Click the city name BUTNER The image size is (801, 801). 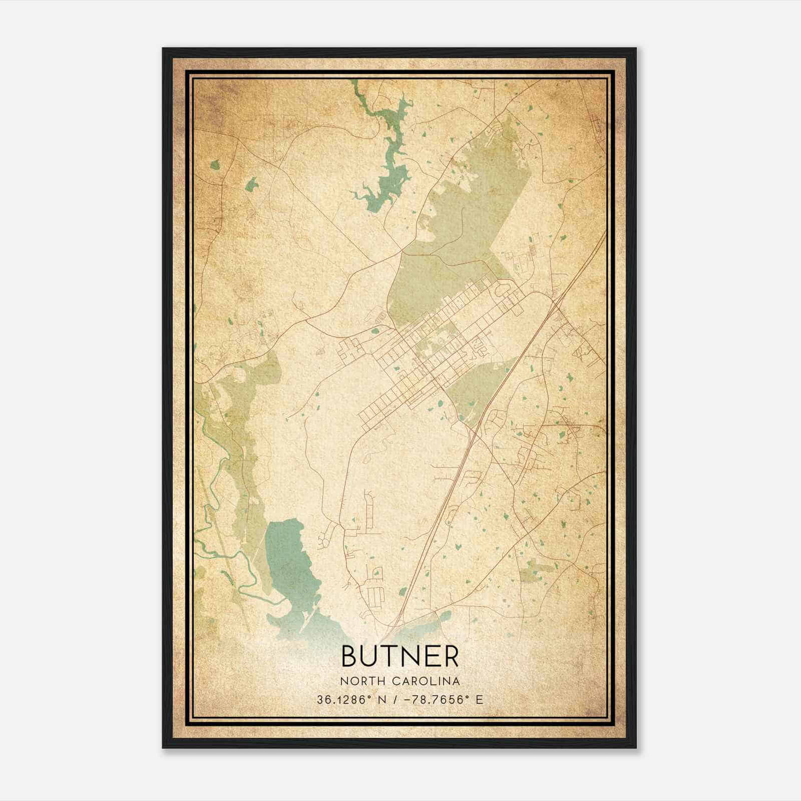[399, 656]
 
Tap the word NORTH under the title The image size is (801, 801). [357, 681]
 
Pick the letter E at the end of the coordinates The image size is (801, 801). [480, 700]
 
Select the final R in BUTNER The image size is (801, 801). [451, 656]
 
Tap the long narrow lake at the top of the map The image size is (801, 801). [388, 165]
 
